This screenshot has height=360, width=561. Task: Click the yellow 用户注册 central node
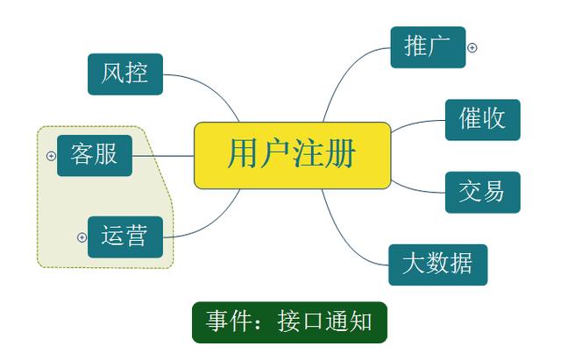[x=292, y=155]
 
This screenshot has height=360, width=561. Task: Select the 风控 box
[x=124, y=74]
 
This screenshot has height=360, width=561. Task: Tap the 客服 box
[x=94, y=156]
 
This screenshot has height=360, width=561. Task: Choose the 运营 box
[x=124, y=236]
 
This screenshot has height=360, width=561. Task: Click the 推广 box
[x=427, y=47]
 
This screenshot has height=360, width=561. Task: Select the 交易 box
[x=482, y=192]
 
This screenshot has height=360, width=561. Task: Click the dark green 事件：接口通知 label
[x=288, y=321]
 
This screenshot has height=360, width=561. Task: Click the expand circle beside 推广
[x=472, y=48]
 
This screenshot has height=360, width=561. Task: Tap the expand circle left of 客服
[x=50, y=156]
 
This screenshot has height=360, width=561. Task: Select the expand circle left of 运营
[x=82, y=236]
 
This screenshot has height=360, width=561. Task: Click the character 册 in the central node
[x=344, y=155]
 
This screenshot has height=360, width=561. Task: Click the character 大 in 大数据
[x=413, y=264]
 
